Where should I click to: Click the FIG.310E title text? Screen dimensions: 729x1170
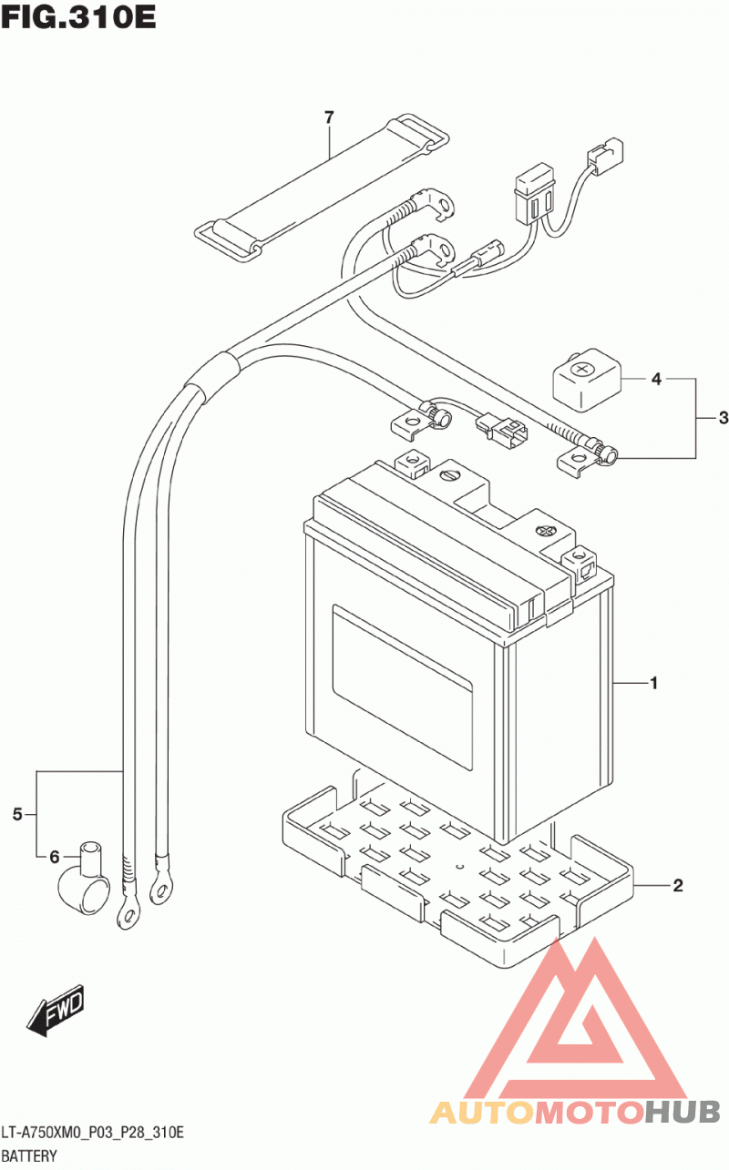[x=78, y=16]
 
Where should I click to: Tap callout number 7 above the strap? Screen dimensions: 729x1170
[x=329, y=117]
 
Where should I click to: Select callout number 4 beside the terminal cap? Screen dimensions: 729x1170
[x=656, y=379]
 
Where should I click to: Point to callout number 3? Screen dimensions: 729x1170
[x=724, y=417]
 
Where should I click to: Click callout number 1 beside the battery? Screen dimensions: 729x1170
[x=653, y=683]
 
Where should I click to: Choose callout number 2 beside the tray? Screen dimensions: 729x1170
[x=678, y=885]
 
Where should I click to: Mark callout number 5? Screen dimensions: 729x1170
[x=17, y=814]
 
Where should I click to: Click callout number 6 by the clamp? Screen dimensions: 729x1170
[x=55, y=857]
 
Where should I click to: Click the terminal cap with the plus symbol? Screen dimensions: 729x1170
[x=588, y=379]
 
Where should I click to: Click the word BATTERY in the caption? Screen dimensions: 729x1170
[x=29, y=1156]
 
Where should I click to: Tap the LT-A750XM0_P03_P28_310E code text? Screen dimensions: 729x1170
[x=93, y=1133]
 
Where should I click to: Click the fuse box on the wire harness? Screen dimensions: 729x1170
[x=534, y=193]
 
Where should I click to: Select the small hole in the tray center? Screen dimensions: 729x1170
[x=460, y=867]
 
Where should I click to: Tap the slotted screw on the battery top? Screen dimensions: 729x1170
[x=449, y=475]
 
